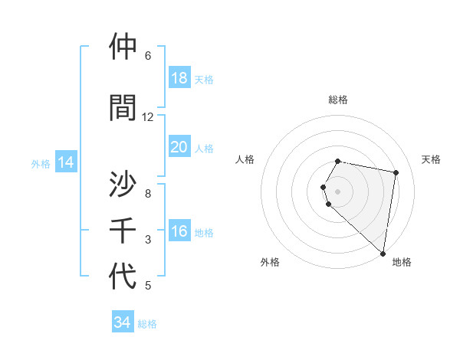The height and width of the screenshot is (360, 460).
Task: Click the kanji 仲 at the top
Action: tap(123, 47)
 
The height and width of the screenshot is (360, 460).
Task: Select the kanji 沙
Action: tap(123, 184)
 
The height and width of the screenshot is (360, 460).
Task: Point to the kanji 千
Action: tap(123, 231)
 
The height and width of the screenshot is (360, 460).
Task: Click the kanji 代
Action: tap(123, 276)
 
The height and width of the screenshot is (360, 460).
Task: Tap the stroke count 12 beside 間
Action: tap(148, 117)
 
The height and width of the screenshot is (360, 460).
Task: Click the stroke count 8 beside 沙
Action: tap(148, 194)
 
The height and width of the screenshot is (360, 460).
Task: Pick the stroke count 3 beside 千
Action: tap(148, 240)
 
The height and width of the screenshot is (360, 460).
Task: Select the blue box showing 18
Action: tap(179, 78)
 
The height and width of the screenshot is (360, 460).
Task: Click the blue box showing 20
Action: tap(179, 147)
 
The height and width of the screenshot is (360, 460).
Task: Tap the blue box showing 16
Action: tap(179, 231)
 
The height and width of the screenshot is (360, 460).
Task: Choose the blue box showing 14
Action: tap(66, 162)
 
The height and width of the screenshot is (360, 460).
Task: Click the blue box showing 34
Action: tap(123, 322)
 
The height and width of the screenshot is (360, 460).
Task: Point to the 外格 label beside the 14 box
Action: tap(41, 163)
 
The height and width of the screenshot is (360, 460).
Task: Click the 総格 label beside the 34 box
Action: tap(147, 324)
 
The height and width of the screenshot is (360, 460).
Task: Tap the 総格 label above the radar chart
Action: tap(338, 100)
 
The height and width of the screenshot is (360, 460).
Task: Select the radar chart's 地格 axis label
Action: tap(402, 262)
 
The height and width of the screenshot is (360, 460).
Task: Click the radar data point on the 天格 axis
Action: tap(396, 173)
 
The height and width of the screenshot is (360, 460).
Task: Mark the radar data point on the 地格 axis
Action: tap(383, 253)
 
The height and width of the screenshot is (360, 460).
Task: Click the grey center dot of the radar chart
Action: tap(338, 190)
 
